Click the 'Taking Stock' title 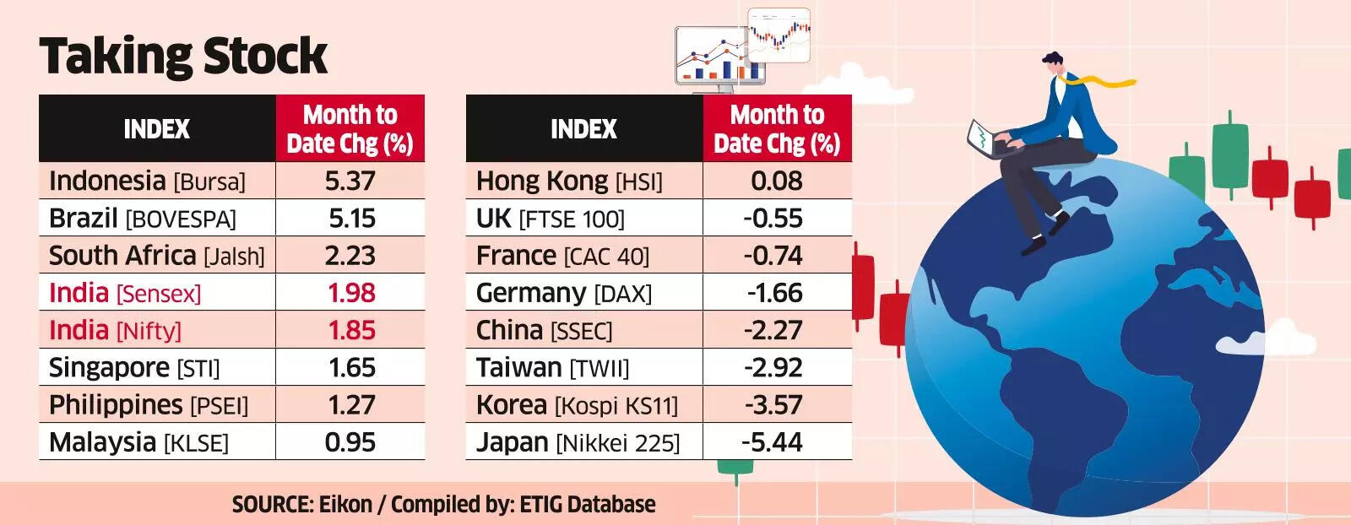(x=183, y=57)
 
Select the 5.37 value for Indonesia (x=350, y=181)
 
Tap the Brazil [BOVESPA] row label (x=142, y=219)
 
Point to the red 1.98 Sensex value (x=350, y=293)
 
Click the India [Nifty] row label (x=115, y=330)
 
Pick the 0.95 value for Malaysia (x=350, y=442)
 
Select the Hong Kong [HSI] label (x=568, y=181)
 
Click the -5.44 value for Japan (x=772, y=442)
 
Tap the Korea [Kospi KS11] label (x=576, y=405)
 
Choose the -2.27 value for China (x=773, y=330)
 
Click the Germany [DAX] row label (x=563, y=293)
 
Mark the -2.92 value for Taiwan (x=773, y=367)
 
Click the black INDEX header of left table (x=157, y=128)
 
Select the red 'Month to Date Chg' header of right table (x=776, y=128)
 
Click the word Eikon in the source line (x=345, y=505)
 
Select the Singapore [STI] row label (x=133, y=368)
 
